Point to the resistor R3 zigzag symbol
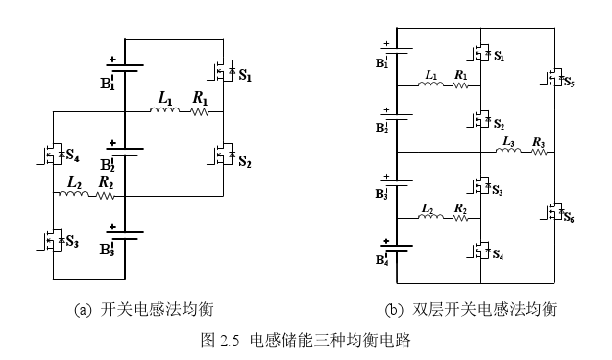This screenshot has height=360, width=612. tap(538, 153)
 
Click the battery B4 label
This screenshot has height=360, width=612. tap(382, 260)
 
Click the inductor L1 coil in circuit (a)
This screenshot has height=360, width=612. tap(165, 112)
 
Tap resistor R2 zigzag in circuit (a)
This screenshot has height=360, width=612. tap(106, 196)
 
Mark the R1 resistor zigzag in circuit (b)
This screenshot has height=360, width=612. tap(461, 84)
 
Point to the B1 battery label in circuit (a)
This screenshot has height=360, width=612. tap(107, 84)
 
